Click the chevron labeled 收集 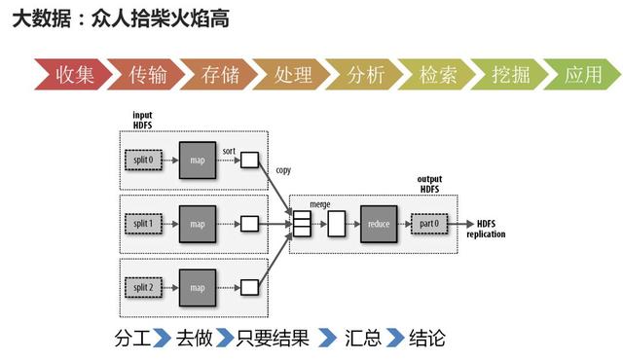pyautogui.click(x=72, y=75)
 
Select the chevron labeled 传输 pyautogui.click(x=144, y=75)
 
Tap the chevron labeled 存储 pyautogui.click(x=217, y=75)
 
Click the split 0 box pyautogui.click(x=144, y=159)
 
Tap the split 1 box pyautogui.click(x=144, y=223)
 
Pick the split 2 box pyautogui.click(x=144, y=287)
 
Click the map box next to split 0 pyautogui.click(x=198, y=159)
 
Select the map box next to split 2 pyautogui.click(x=198, y=287)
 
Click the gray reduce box pyautogui.click(x=380, y=224)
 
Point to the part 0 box pyautogui.click(x=430, y=224)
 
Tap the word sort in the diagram pyautogui.click(x=229, y=151)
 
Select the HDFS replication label pyautogui.click(x=486, y=230)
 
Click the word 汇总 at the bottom pyautogui.click(x=361, y=339)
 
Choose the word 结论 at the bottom pyautogui.click(x=428, y=339)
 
